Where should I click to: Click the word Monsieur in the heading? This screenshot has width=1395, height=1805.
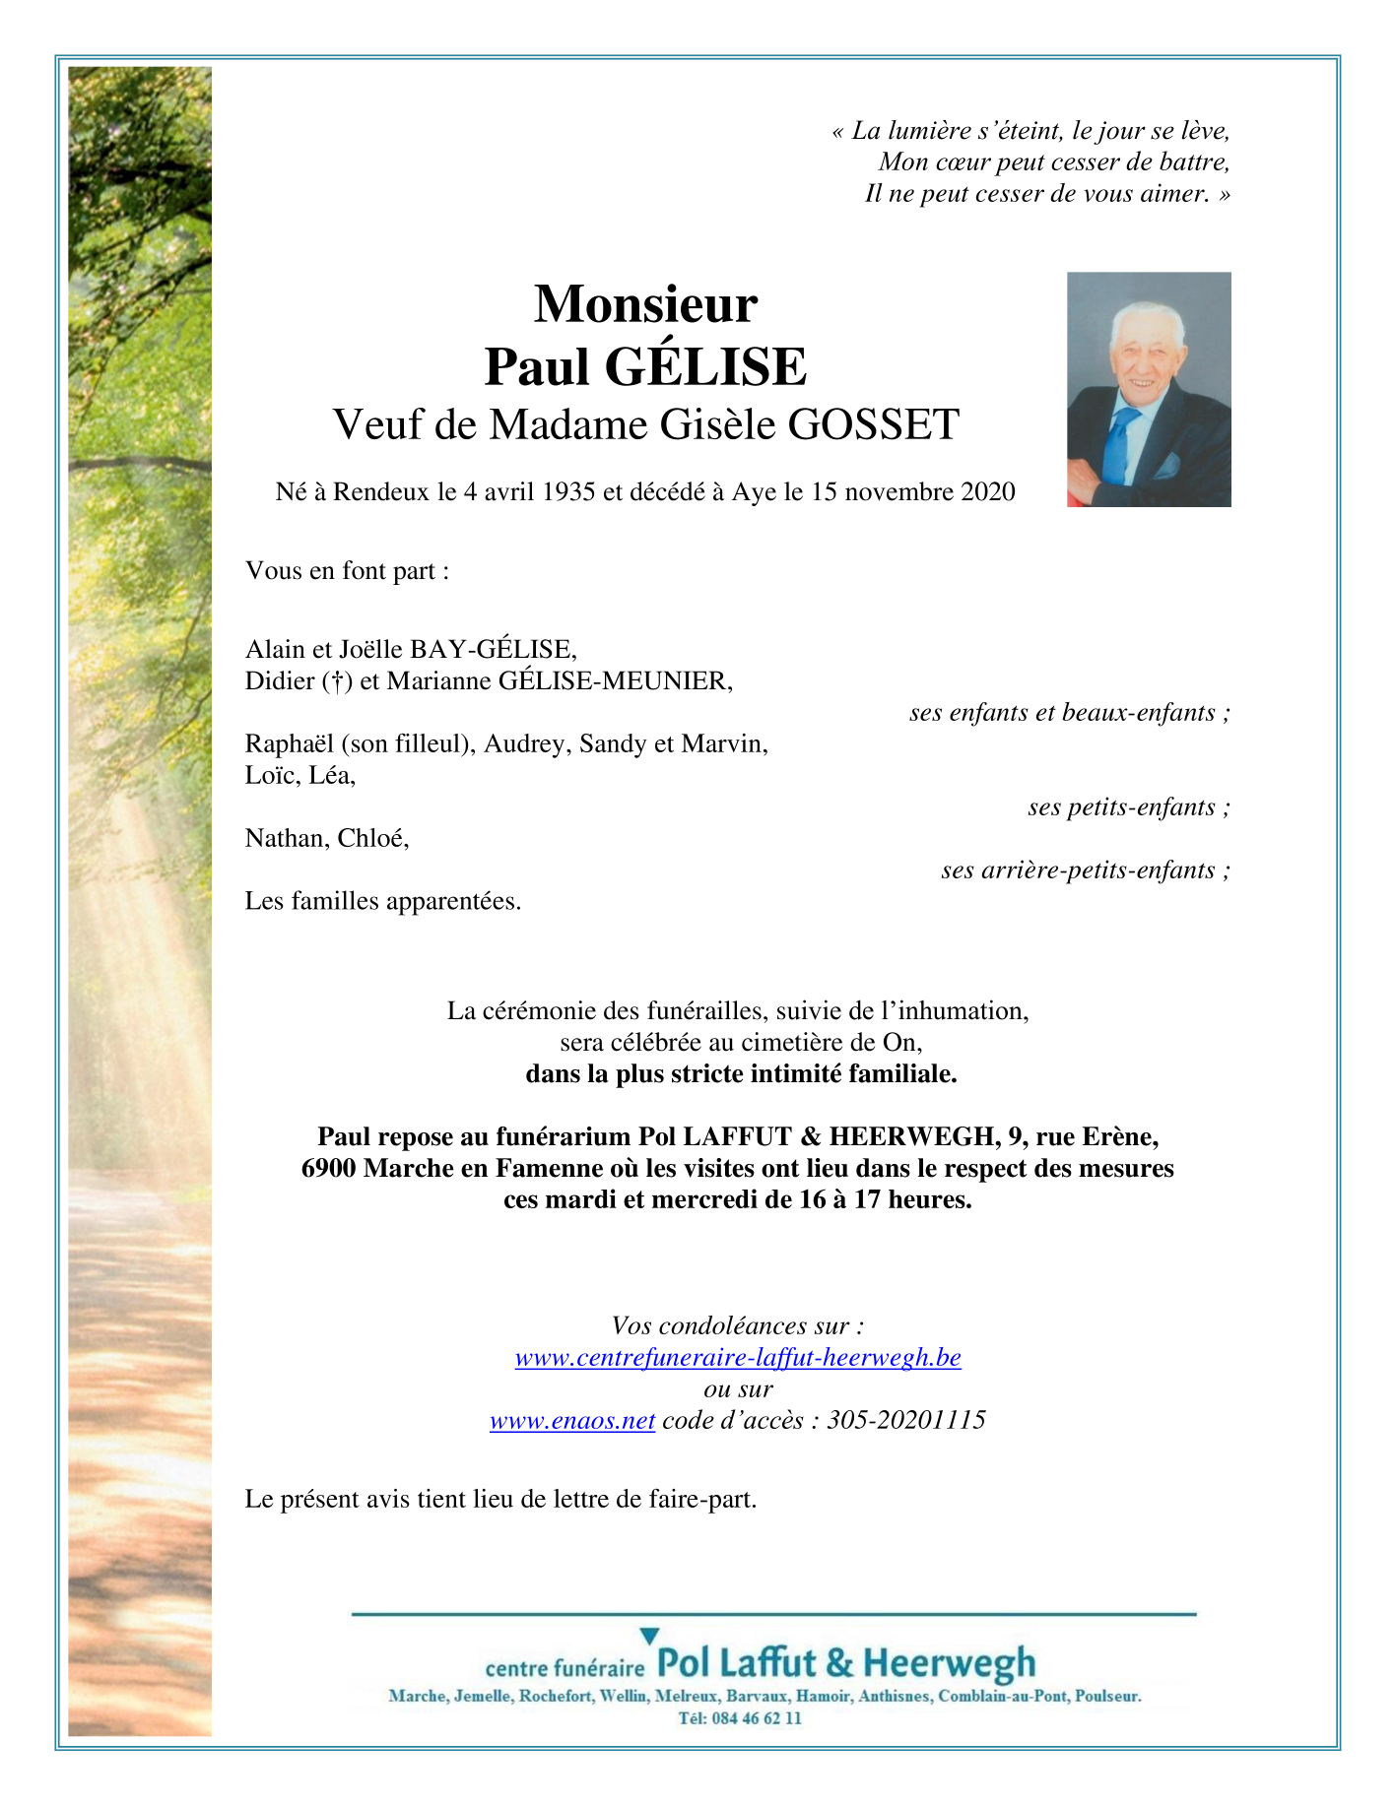pos(645,304)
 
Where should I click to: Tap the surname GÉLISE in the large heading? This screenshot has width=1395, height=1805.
pos(705,367)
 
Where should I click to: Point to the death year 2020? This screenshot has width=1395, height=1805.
pos(987,491)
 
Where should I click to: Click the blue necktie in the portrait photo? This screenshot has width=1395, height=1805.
pos(1118,442)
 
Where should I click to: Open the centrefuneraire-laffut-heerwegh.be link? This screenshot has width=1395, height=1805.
pos(738,1358)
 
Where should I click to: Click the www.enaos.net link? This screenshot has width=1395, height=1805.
pos(572,1421)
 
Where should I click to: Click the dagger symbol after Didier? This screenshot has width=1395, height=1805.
pos(337,681)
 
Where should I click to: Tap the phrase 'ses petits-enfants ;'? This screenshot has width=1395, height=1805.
pos(1128,807)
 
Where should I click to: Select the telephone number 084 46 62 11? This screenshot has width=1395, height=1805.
pos(754,1718)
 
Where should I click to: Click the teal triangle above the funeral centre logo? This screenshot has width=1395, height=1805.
pos(649,1636)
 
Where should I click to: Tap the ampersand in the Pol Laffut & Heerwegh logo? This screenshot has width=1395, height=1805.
pos(839,1663)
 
